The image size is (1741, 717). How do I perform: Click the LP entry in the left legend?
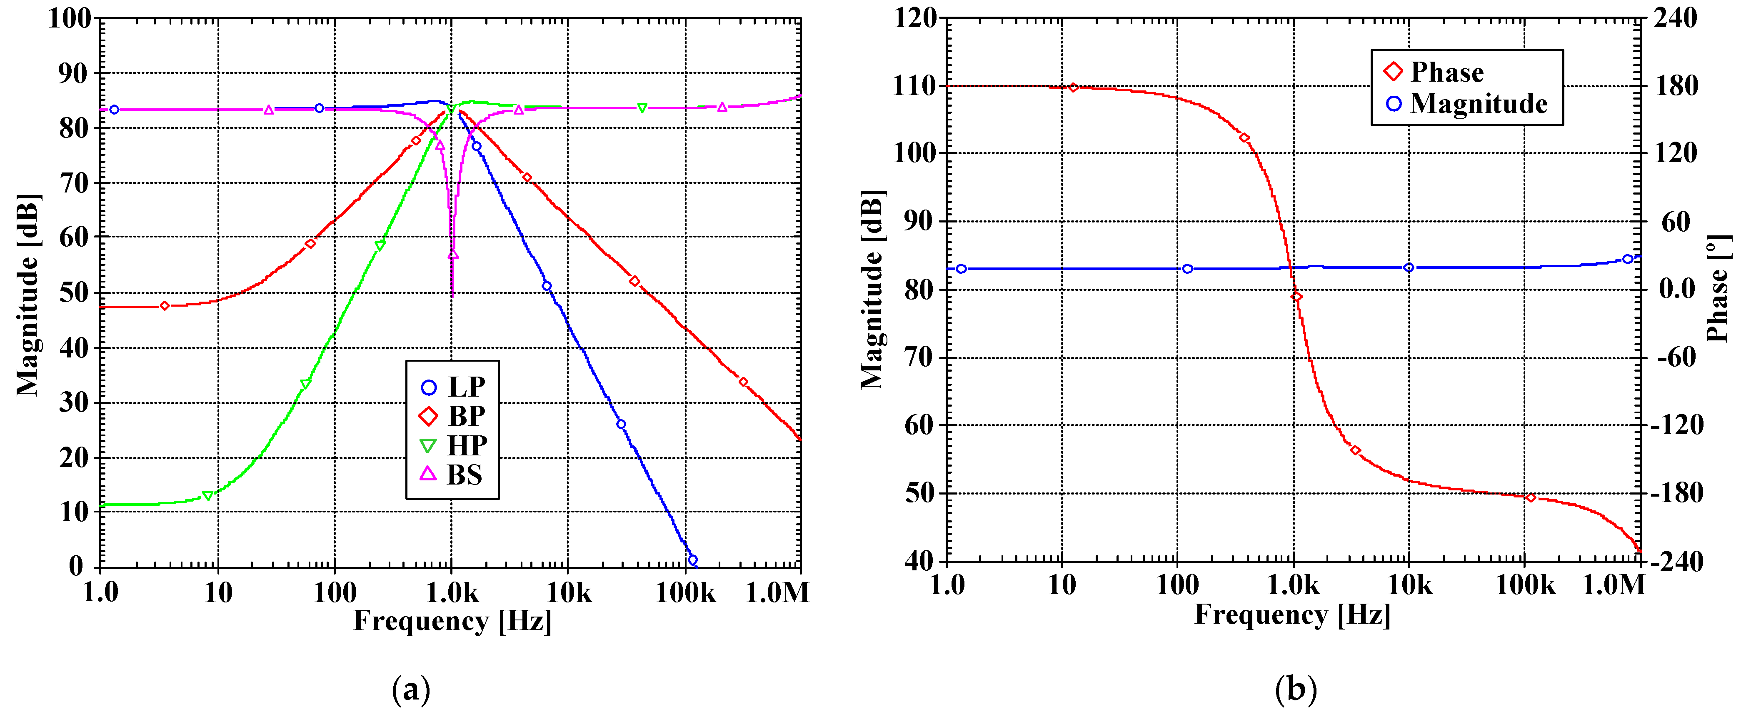[453, 387]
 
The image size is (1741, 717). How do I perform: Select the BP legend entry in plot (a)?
[453, 416]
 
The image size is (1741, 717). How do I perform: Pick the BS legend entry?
[453, 475]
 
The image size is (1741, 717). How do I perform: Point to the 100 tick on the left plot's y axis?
[69, 19]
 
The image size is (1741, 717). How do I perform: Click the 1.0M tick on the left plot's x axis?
[777, 593]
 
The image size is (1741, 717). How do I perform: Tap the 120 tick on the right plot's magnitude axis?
[915, 18]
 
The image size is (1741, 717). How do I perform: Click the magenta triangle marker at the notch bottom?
[453, 255]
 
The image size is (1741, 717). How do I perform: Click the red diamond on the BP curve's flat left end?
[164, 306]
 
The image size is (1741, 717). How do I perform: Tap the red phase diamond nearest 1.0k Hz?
[1296, 297]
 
